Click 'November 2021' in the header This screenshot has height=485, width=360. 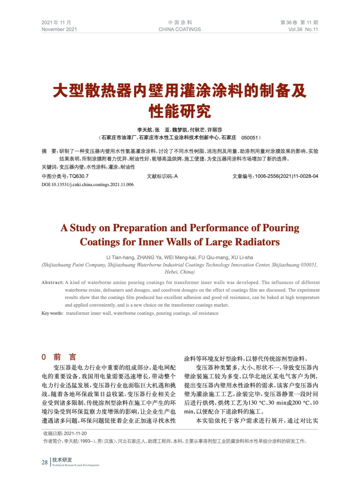tap(59, 29)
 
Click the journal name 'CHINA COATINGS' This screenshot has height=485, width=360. tap(180, 29)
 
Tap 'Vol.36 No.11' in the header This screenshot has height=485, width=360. tap(303, 29)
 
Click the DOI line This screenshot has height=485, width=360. tap(87, 185)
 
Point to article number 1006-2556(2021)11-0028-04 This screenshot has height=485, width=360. tap(287, 176)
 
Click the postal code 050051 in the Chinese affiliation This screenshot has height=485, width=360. tap(249, 138)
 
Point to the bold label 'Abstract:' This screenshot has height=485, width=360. tap(52, 283)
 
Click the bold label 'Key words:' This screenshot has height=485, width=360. tap(52, 313)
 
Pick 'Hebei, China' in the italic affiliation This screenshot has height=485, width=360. tap(180, 272)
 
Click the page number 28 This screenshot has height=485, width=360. tap(45, 462)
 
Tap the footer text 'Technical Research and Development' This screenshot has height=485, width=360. tap(76, 465)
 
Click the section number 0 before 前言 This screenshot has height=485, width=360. tap(44, 357)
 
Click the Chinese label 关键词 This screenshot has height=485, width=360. tap(49, 167)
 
